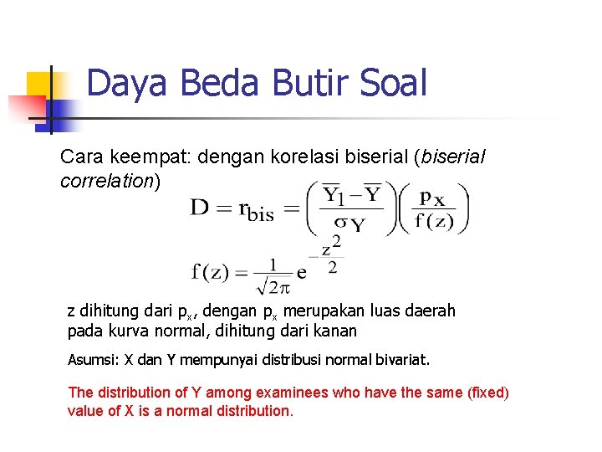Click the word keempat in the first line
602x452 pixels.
point(146,157)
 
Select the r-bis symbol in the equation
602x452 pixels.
point(255,210)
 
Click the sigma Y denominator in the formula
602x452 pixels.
point(348,224)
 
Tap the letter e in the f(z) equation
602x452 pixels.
point(302,273)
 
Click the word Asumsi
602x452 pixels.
point(91,361)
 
